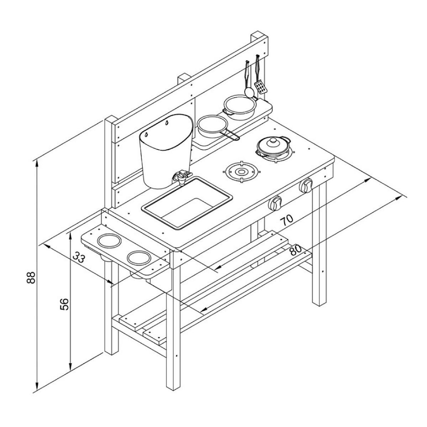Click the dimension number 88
[31, 278]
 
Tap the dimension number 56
[64, 304]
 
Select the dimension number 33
[79, 257]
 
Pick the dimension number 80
[296, 250]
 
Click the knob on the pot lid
[273, 140]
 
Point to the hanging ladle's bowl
[249, 92]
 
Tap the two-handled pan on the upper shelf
[240, 108]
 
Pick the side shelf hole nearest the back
[110, 241]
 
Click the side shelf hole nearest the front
[139, 258]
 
